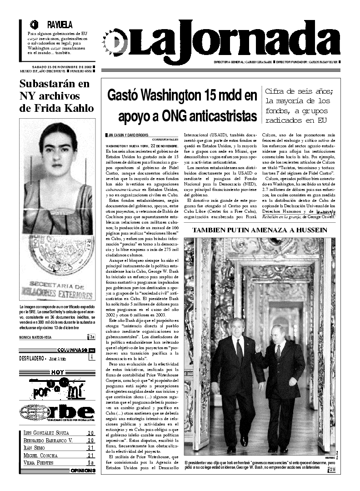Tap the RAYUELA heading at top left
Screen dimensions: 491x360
[59, 25]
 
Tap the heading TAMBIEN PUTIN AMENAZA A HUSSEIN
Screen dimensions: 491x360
[260, 230]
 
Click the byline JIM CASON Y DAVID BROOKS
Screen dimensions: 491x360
[128, 135]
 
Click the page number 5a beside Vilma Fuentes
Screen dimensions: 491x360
[90, 462]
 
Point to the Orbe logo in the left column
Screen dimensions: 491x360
[57, 411]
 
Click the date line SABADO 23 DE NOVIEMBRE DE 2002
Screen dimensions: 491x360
[55, 67]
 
